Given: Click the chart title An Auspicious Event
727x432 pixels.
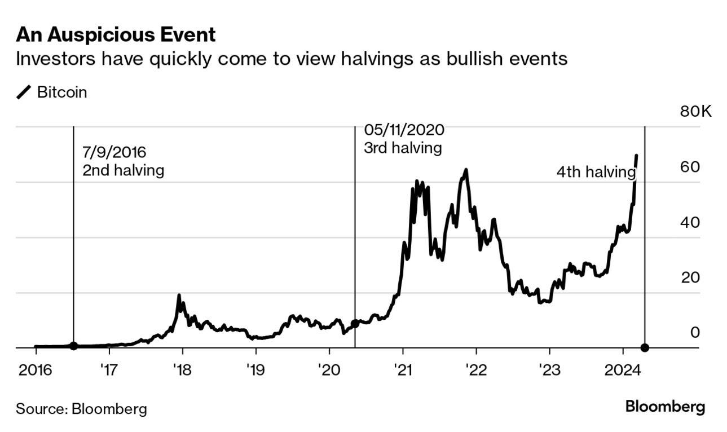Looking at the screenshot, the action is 116,34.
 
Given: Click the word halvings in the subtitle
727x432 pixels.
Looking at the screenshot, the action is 377,59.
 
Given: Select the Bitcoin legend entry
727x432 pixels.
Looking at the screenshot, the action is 52,92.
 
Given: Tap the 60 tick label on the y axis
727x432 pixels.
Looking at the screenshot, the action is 690,167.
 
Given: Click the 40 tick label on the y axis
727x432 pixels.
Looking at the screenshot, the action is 690,222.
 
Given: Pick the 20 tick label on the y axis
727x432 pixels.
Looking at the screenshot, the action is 690,277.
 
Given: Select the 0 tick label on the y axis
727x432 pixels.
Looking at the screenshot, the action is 695,332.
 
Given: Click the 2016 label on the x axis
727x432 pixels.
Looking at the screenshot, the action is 35,370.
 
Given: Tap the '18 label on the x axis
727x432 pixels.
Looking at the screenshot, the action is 182,370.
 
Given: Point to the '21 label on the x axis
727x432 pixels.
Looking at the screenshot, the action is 403,370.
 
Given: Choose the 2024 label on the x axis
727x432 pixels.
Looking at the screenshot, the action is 623,370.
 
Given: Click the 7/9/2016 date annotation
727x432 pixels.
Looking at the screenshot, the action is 114,152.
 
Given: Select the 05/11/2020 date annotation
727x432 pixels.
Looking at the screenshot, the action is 404,130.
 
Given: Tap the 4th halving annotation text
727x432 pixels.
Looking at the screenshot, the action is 596,172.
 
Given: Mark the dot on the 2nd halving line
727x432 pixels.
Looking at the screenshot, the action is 74,346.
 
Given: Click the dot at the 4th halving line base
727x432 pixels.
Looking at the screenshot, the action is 645,348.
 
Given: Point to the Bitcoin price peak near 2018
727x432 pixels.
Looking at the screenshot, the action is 179,295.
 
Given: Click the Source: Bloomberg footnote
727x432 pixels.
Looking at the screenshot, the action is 81,409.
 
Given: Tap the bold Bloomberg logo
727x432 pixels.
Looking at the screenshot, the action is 666,407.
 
